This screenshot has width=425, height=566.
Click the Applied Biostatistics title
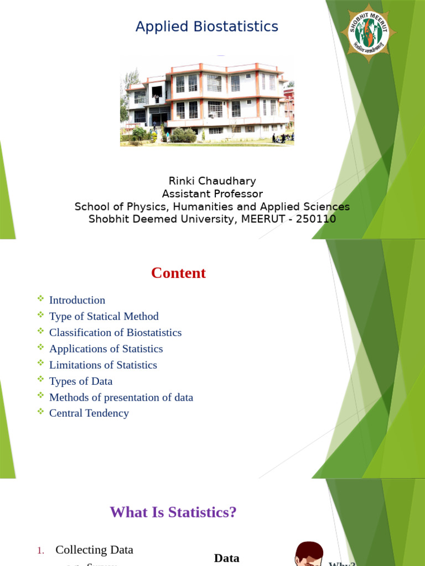[207, 27]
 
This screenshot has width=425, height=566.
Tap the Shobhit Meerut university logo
[369, 33]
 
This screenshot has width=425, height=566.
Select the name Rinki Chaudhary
[212, 181]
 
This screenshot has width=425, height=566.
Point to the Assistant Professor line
[212, 193]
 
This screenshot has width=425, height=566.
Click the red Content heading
[178, 273]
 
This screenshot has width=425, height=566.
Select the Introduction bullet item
[77, 300]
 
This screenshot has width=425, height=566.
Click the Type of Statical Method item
[103, 316]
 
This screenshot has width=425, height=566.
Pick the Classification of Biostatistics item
[115, 332]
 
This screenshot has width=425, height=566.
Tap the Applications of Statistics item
[106, 349]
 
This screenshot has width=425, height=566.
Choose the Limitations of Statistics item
[103, 365]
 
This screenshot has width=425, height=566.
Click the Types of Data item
[81, 381]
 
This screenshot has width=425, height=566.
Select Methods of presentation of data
[121, 397]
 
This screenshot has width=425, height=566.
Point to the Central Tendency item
[89, 413]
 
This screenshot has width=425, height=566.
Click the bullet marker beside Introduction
[40, 299]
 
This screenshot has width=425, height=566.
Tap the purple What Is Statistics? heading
[173, 512]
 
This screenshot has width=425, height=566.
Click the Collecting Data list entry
[94, 549]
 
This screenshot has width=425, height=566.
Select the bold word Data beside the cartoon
[226, 558]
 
